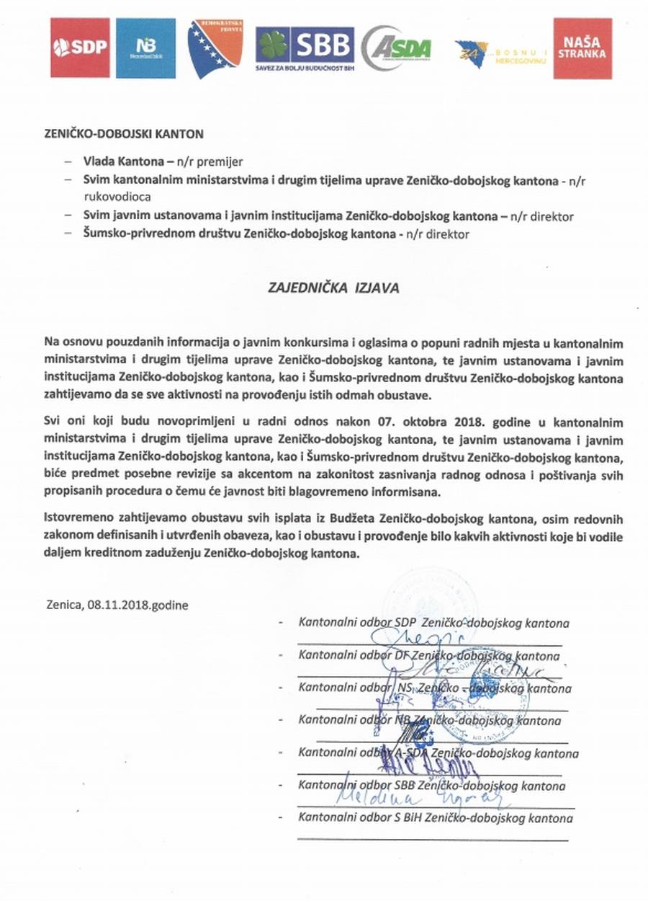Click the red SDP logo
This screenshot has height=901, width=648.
tap(79, 48)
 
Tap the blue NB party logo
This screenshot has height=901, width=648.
tap(145, 48)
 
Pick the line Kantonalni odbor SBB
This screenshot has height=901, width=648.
tap(432, 786)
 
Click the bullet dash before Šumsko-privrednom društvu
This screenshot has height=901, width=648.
tap(68, 234)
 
